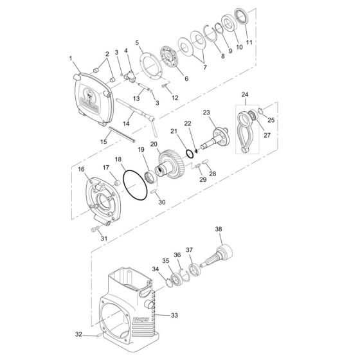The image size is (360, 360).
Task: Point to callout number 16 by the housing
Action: tap(82, 169)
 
